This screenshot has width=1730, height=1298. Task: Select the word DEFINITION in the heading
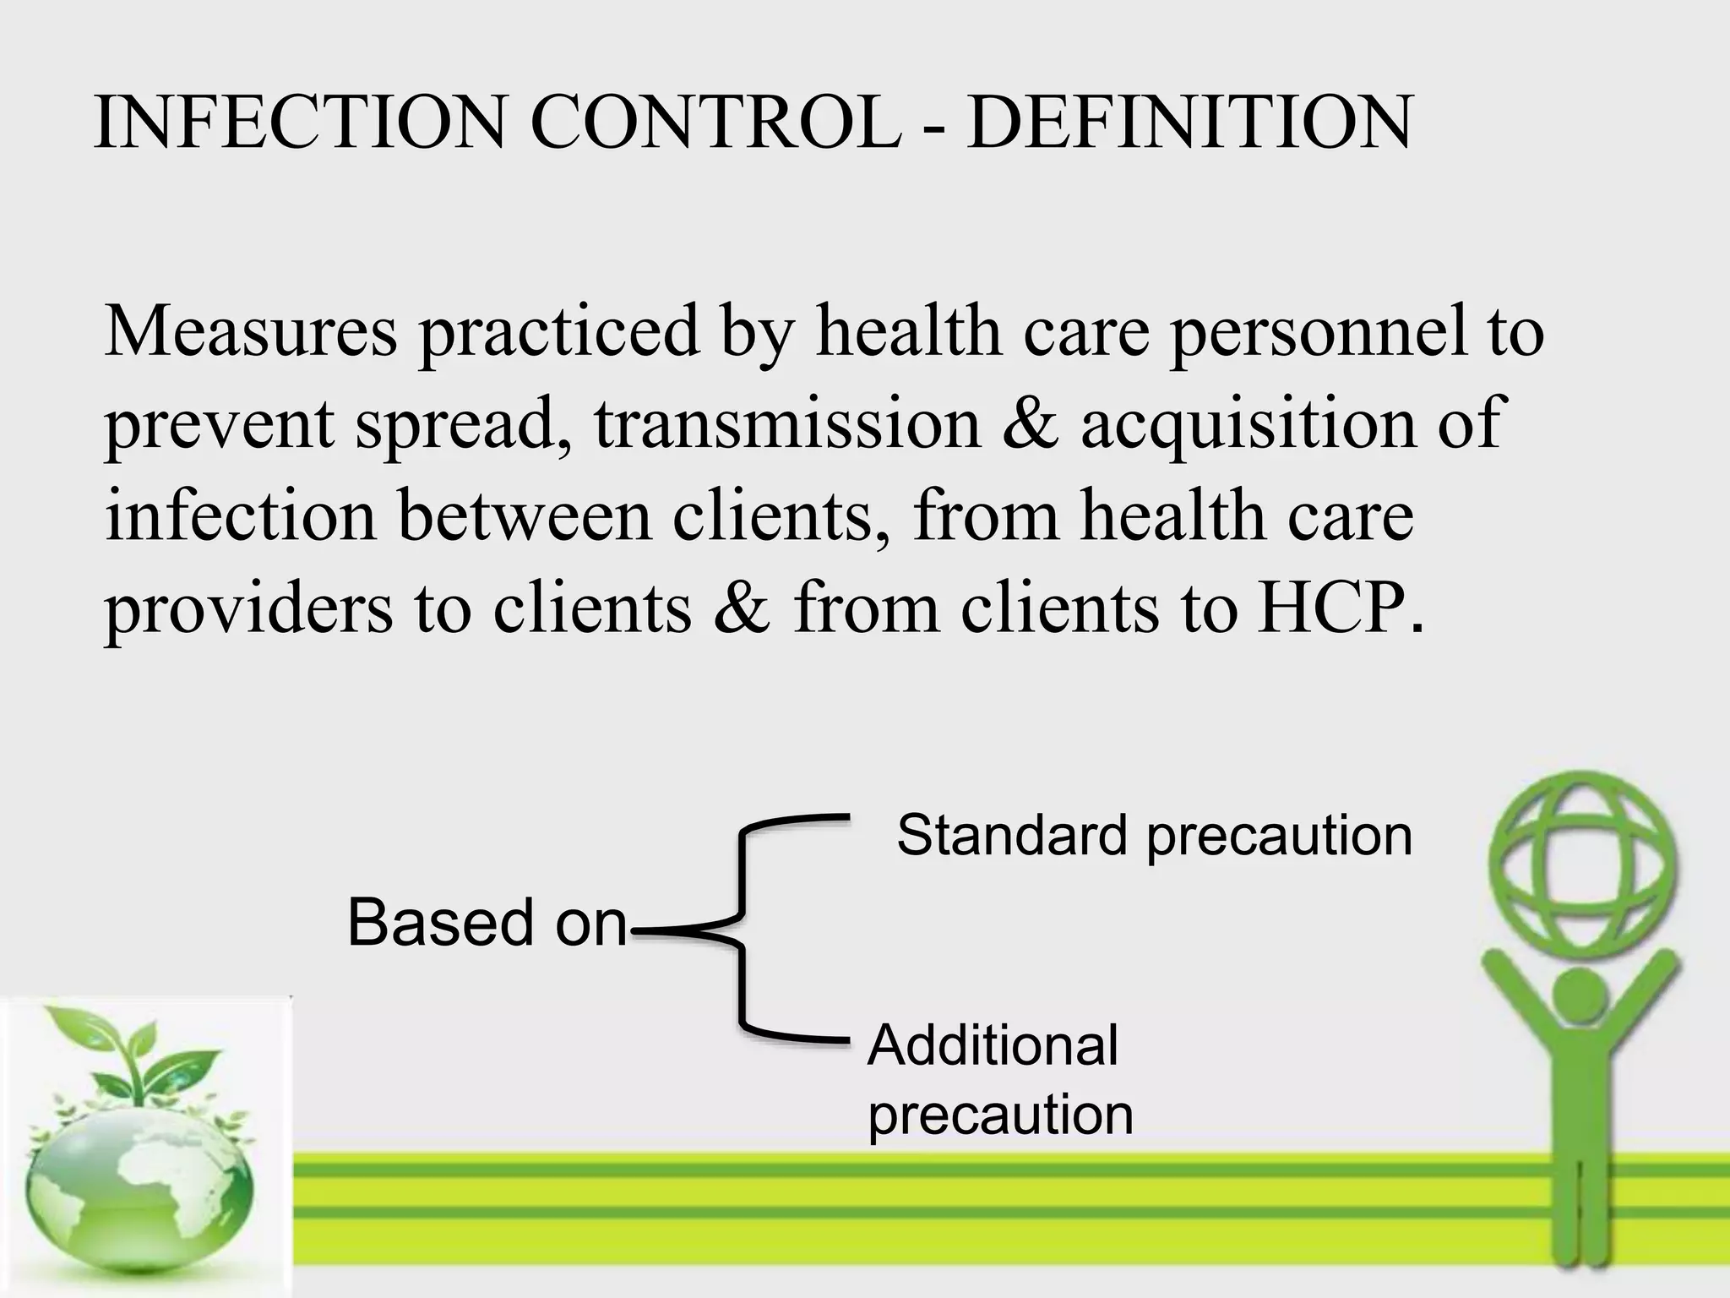[1189, 124]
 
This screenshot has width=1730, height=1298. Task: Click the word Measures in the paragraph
[251, 332]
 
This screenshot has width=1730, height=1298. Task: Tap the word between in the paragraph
[525, 515]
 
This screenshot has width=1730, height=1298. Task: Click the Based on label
[487, 923]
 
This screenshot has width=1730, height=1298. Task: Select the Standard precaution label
[1154, 836]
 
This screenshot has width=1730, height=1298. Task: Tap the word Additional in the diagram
[993, 1045]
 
